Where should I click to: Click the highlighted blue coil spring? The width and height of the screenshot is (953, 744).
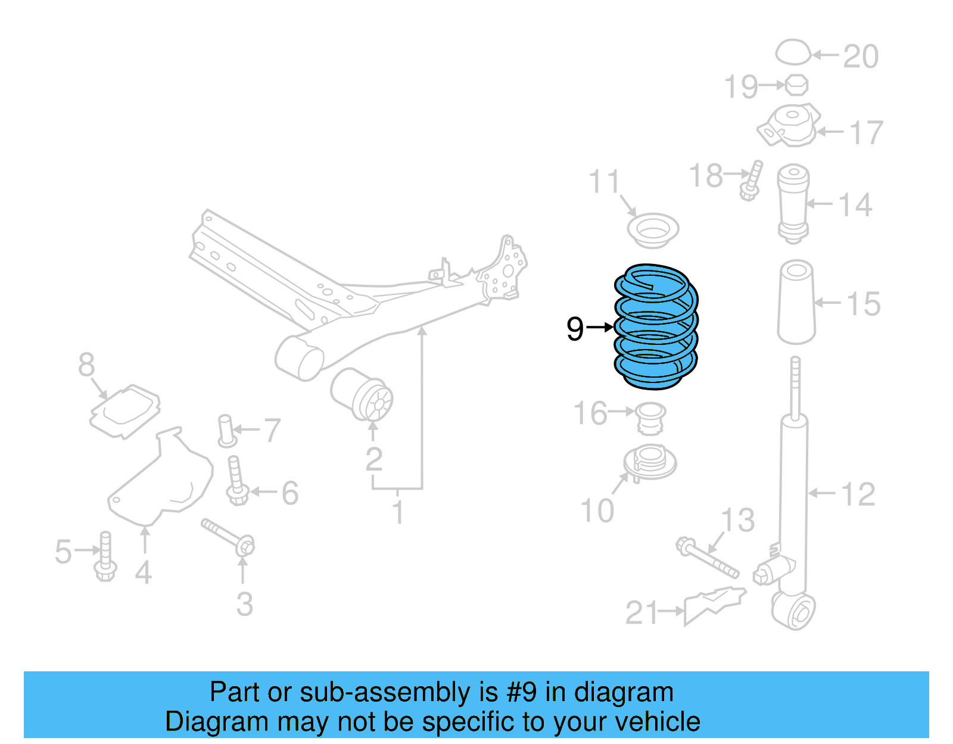655,328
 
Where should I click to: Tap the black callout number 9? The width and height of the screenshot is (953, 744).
575,328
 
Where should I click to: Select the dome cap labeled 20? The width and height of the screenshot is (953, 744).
793,52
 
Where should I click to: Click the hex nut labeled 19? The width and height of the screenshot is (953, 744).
796,85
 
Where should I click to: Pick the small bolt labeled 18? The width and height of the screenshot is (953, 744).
752,180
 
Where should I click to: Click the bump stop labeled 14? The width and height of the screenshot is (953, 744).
793,203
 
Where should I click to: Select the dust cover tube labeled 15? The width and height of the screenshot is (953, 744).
796,302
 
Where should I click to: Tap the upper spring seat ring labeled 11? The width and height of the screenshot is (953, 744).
653,230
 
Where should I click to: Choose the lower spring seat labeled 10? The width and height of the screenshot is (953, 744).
650,462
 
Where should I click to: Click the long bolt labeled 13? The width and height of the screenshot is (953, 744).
707,558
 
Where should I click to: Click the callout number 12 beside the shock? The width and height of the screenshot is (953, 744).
858,494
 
